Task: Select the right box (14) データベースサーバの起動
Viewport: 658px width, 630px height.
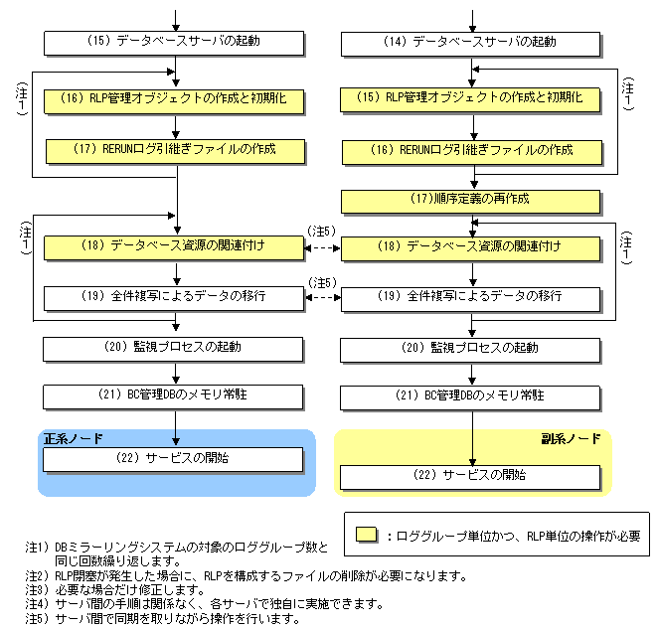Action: [471, 44]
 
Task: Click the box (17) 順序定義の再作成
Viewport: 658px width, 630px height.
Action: [471, 200]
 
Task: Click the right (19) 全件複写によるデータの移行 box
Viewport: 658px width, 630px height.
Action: [471, 297]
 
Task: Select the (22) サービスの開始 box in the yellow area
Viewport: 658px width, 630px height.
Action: [471, 476]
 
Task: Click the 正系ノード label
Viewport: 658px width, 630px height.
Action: [73, 438]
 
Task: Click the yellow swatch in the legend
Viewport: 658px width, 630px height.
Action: [367, 535]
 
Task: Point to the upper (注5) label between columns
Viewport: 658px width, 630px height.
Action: [322, 231]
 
